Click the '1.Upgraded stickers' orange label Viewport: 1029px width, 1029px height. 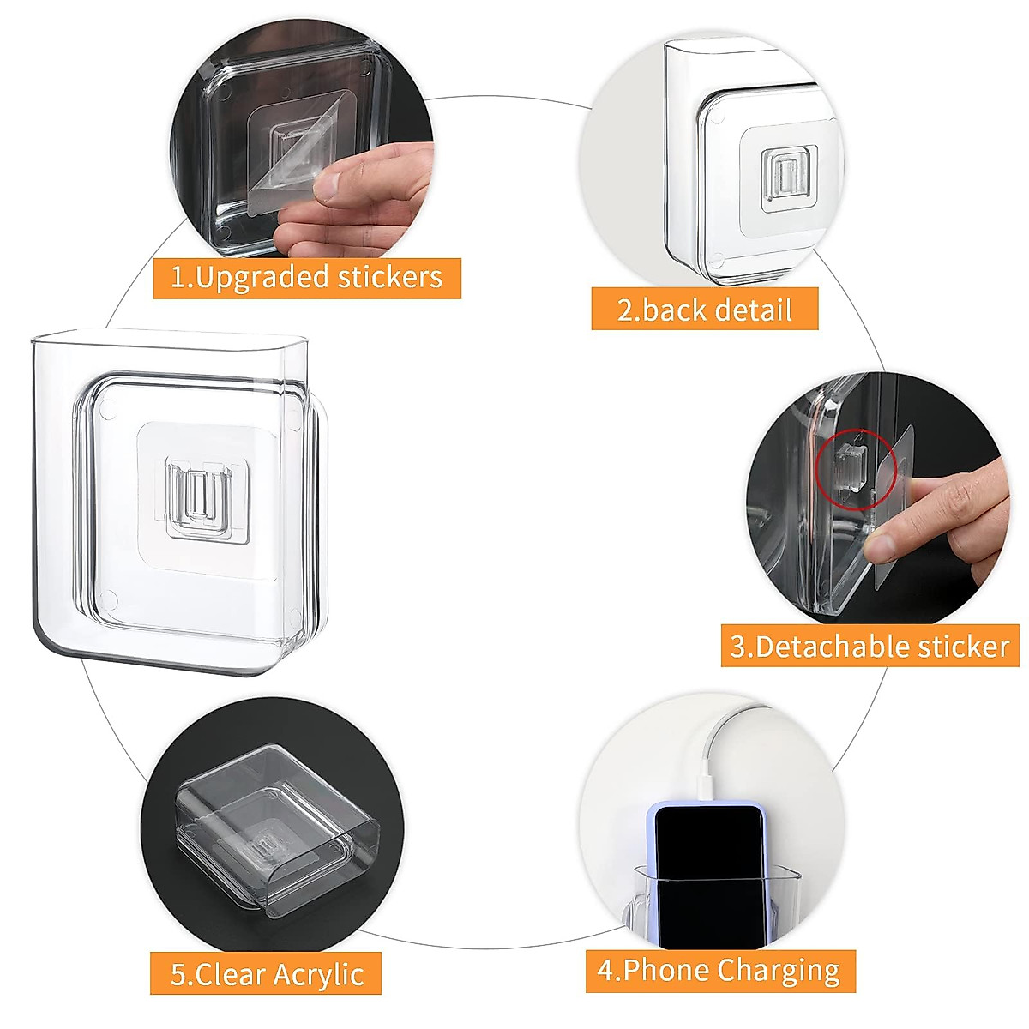click(x=307, y=278)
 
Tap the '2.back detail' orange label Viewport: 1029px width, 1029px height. click(x=704, y=309)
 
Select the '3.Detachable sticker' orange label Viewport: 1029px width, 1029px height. click(x=870, y=646)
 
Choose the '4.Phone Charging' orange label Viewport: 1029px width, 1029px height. click(x=719, y=971)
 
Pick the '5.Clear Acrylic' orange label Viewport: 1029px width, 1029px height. click(x=266, y=974)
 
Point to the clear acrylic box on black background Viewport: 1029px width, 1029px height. click(x=274, y=827)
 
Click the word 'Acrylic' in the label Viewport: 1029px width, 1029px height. click(x=318, y=975)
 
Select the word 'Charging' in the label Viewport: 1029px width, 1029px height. click(x=779, y=972)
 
